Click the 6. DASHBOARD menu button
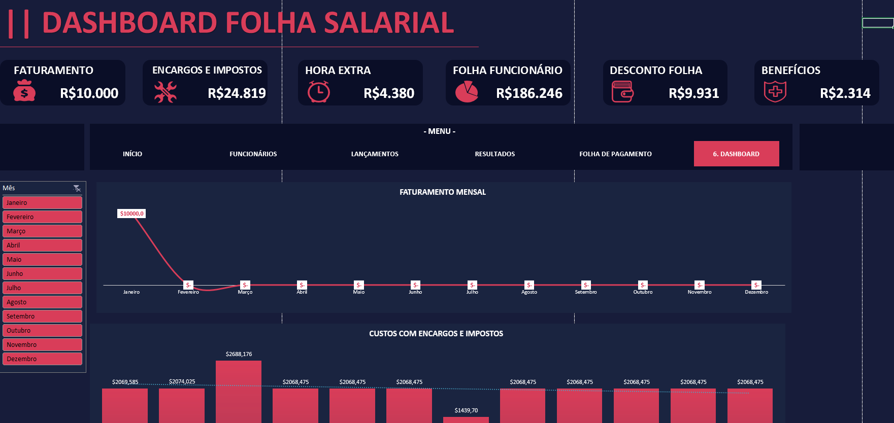736,154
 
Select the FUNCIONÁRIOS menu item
253,154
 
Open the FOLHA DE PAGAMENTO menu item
615,154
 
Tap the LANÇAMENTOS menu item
375,154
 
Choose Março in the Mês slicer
42,231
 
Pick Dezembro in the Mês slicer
42,359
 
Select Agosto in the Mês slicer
42,302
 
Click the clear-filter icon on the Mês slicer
77,188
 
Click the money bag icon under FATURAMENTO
24,92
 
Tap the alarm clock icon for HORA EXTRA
318,92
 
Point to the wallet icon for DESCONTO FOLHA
622,92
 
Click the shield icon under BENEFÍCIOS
775,92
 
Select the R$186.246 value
529,93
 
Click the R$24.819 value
237,93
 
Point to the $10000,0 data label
131,214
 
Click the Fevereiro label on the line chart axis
188,292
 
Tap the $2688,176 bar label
239,354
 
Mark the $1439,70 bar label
466,410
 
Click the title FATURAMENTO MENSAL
442,192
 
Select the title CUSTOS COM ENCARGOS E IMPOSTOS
436,334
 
